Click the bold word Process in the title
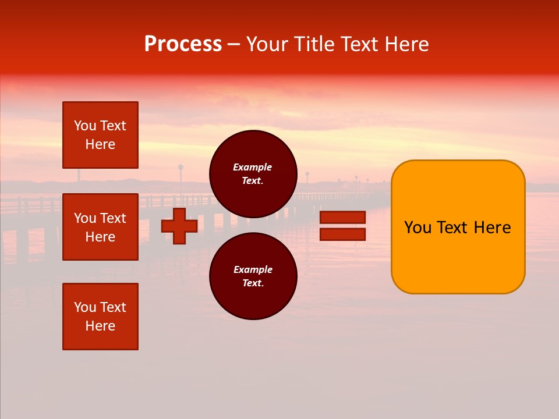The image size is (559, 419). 183,44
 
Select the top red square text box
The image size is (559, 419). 100,135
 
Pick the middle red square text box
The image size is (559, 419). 100,227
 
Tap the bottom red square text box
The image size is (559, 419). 100,317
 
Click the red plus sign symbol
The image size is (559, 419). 179,226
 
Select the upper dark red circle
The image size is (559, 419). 253,174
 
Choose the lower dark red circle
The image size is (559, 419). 253,276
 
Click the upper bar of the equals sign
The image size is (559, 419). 342,217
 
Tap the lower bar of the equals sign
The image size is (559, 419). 342,235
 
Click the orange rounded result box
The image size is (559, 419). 458,256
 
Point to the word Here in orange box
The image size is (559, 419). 492,228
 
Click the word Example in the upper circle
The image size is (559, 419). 252,167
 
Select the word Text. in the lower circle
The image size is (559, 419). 253,283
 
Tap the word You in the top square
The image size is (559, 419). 85,126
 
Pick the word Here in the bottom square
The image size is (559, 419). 100,326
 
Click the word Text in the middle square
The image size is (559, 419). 113,218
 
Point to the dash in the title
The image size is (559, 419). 234,44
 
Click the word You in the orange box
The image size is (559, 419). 418,228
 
